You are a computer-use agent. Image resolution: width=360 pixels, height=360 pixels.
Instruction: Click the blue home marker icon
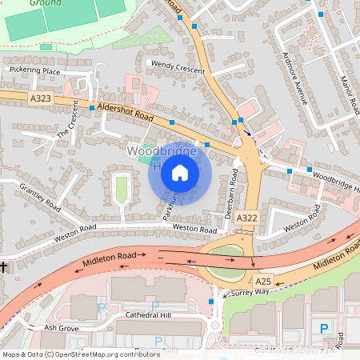pos(180,173)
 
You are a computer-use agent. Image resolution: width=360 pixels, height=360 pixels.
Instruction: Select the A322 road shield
pos(248,218)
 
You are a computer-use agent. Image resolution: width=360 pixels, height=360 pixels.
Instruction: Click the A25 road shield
pos(263,282)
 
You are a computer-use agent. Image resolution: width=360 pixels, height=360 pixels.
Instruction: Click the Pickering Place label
pos(34,71)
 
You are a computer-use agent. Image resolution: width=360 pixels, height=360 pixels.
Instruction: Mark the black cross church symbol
pos(4,266)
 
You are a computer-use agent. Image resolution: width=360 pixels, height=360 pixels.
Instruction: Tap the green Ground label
pos(42,3)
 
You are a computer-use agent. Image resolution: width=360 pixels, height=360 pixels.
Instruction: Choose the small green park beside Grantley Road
pos(122,190)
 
